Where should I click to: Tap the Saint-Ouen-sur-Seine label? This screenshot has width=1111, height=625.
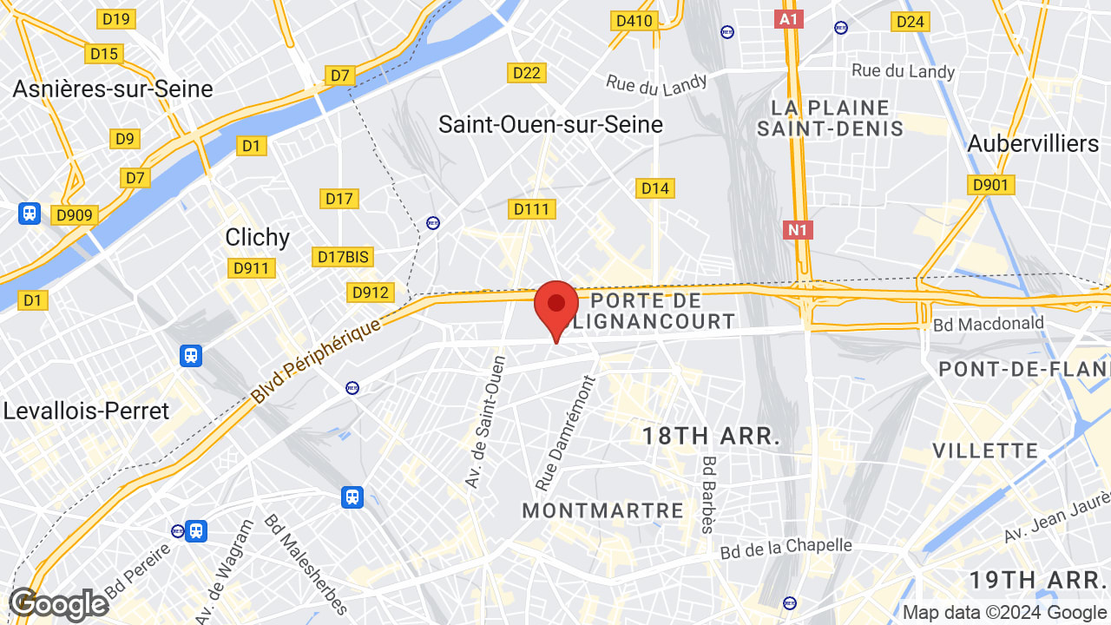[550, 124]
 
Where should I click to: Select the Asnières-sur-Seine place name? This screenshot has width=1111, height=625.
[113, 89]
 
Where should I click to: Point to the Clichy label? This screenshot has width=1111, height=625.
[257, 237]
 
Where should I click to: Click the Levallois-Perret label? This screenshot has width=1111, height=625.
[86, 411]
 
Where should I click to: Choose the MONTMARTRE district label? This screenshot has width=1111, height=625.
[603, 510]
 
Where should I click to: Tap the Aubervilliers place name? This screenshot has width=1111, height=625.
[1033, 143]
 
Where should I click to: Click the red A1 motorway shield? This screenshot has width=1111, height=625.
[788, 19]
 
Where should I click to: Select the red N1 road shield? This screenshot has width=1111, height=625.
[797, 230]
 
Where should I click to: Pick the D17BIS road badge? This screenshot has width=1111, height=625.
[344, 257]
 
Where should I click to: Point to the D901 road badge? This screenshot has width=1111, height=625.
[990, 185]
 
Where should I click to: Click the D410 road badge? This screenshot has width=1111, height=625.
[633, 21]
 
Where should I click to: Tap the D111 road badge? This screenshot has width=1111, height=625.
[532, 209]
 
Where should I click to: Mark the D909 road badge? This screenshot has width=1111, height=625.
[76, 215]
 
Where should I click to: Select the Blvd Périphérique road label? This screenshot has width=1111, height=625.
[316, 361]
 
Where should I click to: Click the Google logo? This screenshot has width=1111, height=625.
[58, 604]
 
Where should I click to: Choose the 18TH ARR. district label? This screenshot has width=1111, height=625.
[711, 436]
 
